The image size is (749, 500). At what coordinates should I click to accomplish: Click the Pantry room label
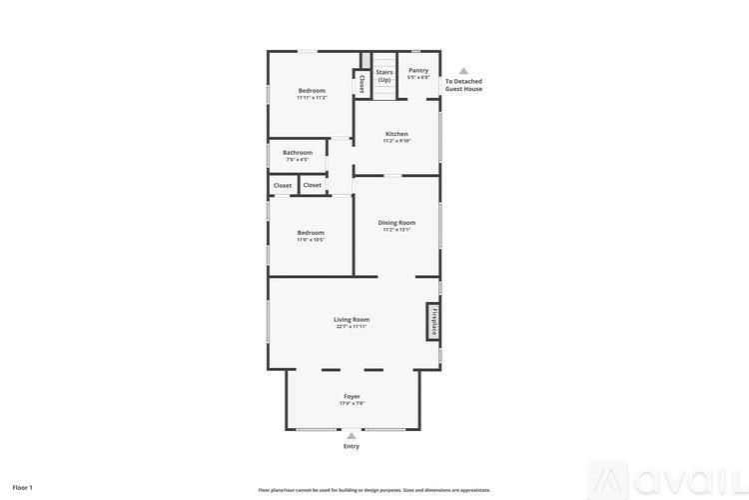tap(418, 70)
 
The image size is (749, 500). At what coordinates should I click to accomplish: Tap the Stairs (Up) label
tap(384, 75)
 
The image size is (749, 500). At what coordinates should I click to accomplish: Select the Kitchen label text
tap(396, 134)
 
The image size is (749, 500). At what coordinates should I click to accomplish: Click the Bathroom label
tap(298, 153)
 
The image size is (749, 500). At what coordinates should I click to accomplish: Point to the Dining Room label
tap(396, 223)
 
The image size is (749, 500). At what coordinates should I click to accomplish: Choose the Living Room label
tap(352, 320)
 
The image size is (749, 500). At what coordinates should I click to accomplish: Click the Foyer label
tap(352, 396)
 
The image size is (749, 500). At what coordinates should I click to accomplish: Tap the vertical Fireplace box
tap(433, 322)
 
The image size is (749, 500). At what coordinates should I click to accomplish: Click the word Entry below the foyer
tap(352, 446)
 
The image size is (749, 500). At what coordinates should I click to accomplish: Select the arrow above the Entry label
tap(352, 435)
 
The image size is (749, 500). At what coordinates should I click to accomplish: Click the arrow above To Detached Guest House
tap(463, 71)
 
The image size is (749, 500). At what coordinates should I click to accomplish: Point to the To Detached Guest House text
tap(463, 85)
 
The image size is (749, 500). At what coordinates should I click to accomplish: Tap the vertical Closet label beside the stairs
tap(362, 84)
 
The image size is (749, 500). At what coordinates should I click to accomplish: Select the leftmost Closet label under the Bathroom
tap(283, 185)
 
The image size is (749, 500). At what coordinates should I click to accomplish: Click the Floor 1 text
tap(22, 487)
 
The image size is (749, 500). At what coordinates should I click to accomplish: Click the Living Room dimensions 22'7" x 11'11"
tap(352, 327)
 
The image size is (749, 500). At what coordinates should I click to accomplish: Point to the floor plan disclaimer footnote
tap(374, 490)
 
